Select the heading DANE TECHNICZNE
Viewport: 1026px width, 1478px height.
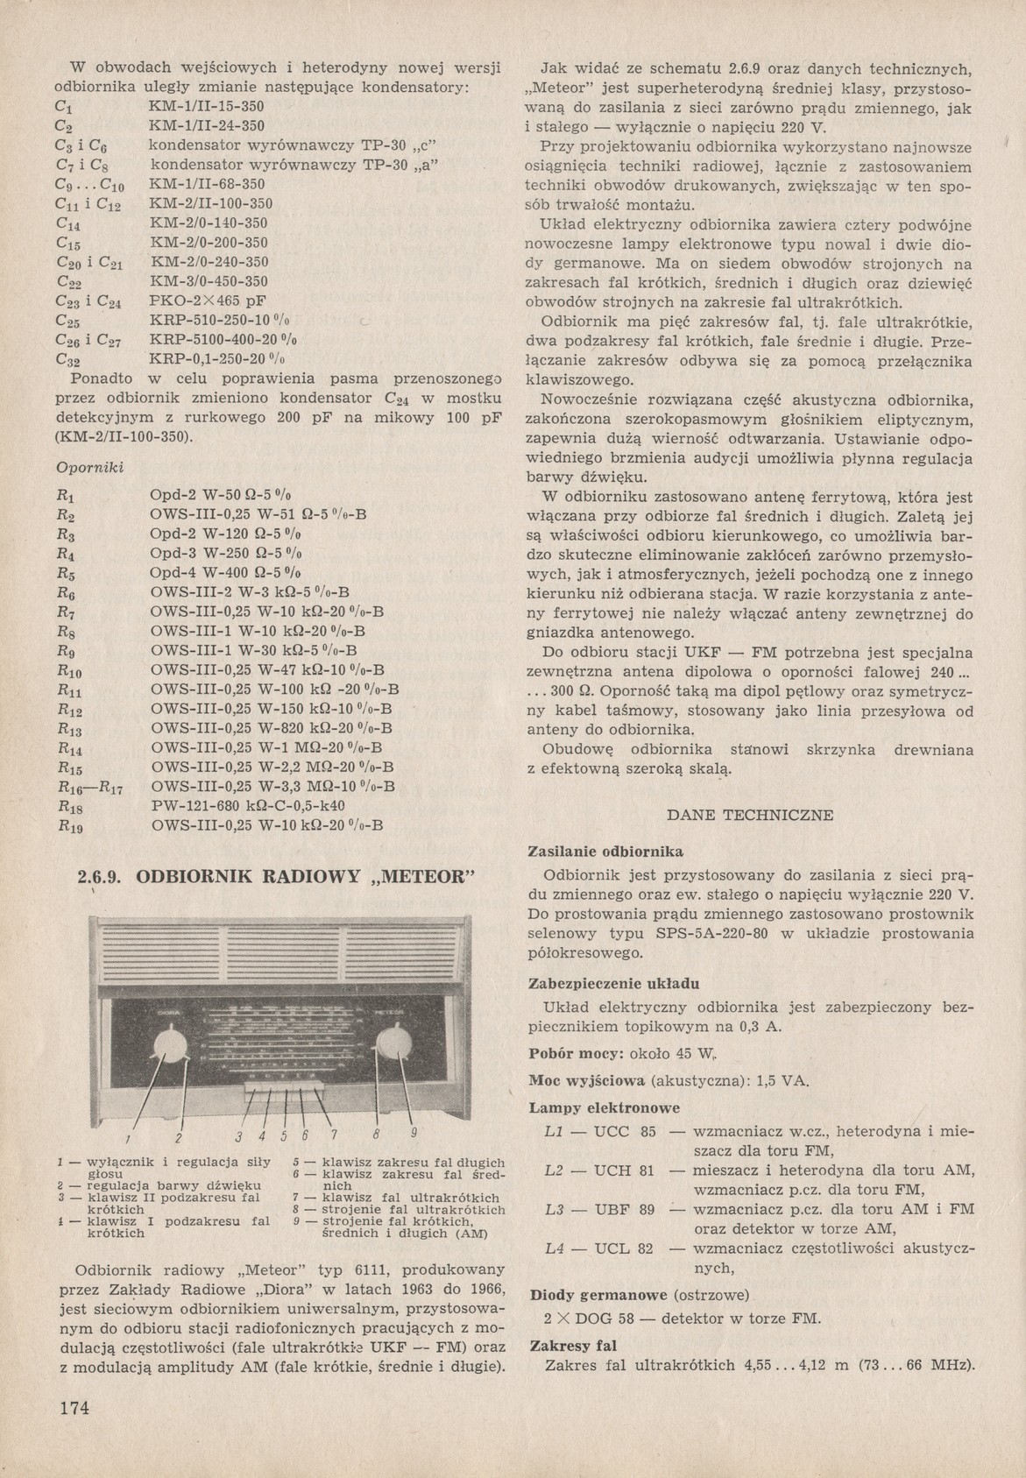tap(750, 814)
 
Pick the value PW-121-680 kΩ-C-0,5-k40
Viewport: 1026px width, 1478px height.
tap(248, 805)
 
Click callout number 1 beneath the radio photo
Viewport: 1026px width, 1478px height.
tap(127, 1139)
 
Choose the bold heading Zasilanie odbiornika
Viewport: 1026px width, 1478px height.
tap(605, 852)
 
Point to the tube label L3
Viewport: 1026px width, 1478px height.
tap(554, 1209)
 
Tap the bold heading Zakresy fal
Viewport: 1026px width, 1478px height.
tap(572, 1346)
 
